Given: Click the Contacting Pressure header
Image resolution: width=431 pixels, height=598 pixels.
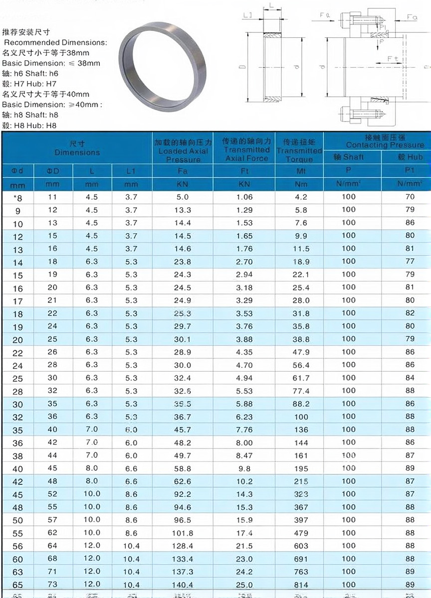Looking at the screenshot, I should click(x=378, y=141).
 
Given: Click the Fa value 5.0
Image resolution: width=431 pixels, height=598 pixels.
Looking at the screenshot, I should click(x=183, y=197).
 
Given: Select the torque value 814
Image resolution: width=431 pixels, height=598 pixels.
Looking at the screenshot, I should click(x=301, y=585).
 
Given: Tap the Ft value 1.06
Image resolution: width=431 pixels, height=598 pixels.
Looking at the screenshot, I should click(x=244, y=197).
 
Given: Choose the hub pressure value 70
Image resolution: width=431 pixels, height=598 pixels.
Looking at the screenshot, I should click(x=410, y=197).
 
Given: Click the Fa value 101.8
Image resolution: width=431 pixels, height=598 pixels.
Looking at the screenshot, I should click(x=183, y=533).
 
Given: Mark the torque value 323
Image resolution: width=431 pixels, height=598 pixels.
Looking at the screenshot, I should click(x=301, y=494).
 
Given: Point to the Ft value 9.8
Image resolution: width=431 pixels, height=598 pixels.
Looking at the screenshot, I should click(x=244, y=468).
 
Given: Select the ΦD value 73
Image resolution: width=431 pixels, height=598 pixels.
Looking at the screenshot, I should click(x=52, y=584).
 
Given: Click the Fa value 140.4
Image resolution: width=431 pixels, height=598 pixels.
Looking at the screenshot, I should click(x=183, y=585).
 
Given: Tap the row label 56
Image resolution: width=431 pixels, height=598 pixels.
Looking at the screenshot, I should click(x=17, y=546).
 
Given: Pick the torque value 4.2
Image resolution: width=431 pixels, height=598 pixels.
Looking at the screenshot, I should click(x=301, y=197).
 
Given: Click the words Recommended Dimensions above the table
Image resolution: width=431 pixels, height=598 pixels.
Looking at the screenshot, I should click(x=55, y=42).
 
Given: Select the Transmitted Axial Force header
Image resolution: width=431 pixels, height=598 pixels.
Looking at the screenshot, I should click(x=246, y=150).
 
